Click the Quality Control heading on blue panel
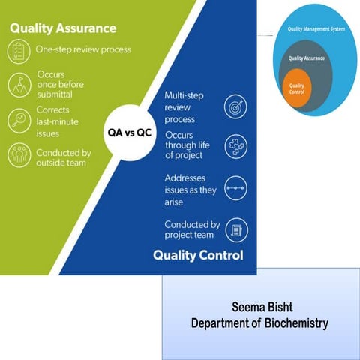(198, 255)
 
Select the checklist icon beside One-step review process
(19, 50)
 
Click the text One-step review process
(83, 50)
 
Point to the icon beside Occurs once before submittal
(19, 84)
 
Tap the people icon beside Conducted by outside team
(19, 156)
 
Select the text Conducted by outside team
(64, 157)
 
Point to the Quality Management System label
(316, 29)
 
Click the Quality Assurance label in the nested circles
(306, 57)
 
